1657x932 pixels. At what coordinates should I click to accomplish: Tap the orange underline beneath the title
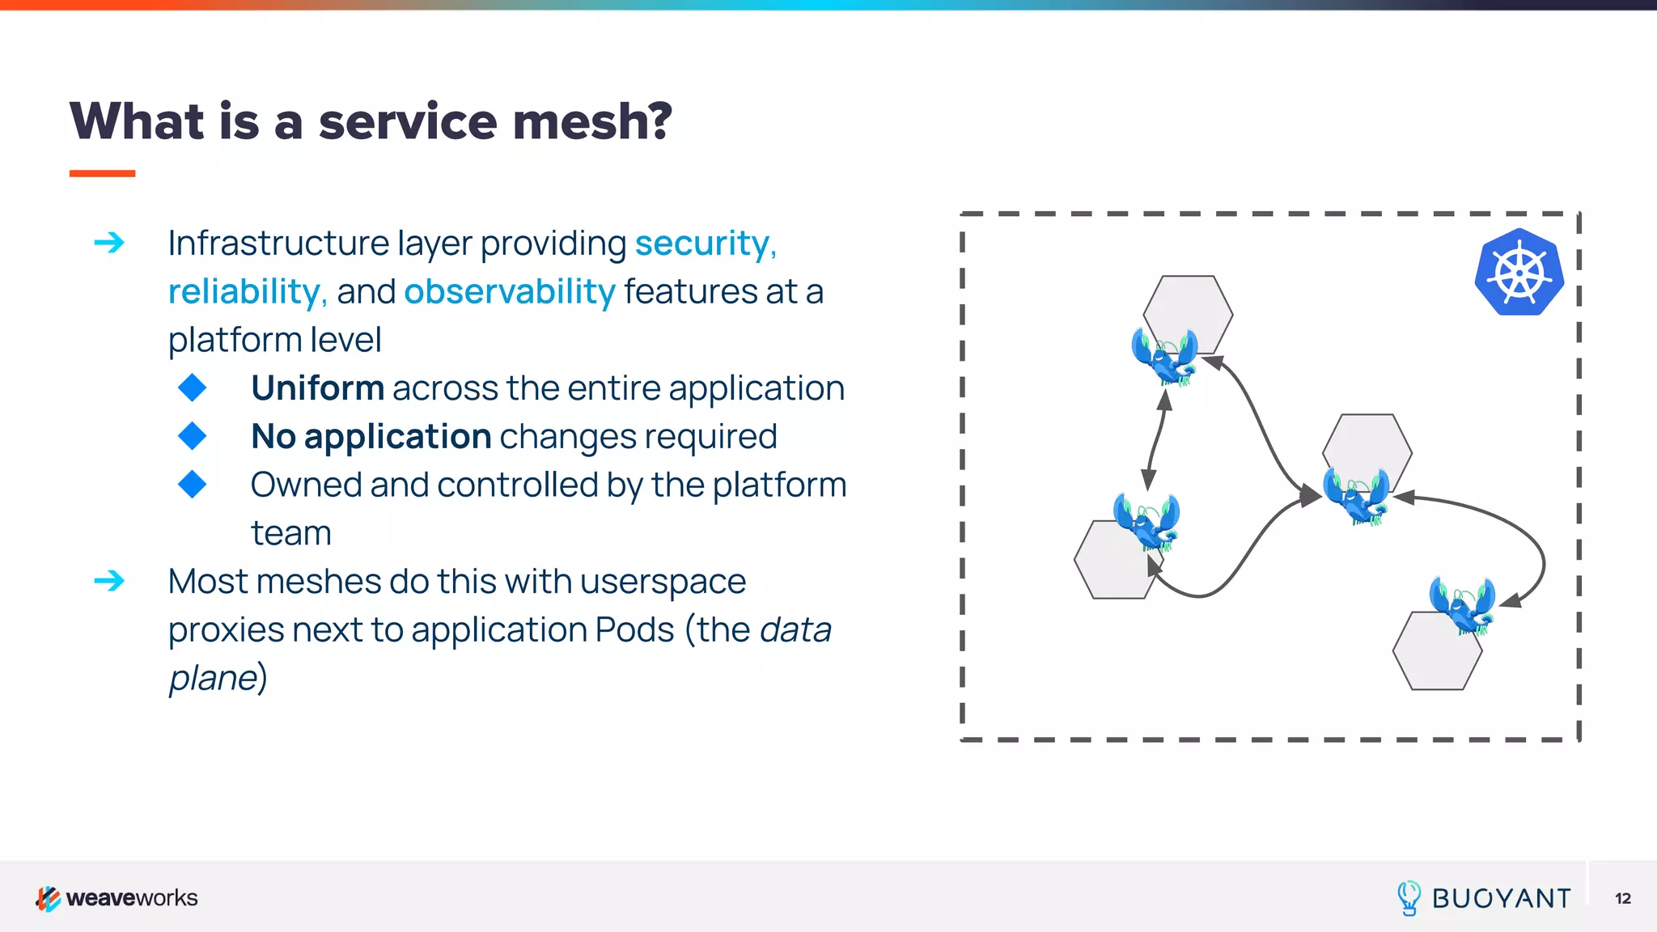click(x=102, y=173)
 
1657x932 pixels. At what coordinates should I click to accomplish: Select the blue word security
click(x=702, y=244)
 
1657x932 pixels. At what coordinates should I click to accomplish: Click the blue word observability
click(x=510, y=291)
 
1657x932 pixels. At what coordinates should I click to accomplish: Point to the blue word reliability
click(x=244, y=291)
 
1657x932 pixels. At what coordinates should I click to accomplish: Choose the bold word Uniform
click(x=317, y=388)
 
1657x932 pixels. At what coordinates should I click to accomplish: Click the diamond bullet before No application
click(x=193, y=436)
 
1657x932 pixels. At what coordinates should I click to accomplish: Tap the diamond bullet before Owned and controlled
click(x=193, y=485)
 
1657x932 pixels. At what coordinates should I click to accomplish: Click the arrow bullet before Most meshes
click(x=109, y=581)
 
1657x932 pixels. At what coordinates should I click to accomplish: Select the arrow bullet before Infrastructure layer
click(x=109, y=243)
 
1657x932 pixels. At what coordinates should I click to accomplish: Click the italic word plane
click(x=213, y=678)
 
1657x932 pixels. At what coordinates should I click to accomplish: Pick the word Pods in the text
click(x=634, y=629)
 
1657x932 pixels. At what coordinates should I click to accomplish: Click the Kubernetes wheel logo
click(x=1519, y=273)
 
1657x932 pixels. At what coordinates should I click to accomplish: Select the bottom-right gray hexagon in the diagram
click(x=1436, y=654)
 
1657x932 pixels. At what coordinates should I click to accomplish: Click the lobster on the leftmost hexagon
click(x=1146, y=521)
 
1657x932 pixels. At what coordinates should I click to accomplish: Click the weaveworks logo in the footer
click(x=117, y=898)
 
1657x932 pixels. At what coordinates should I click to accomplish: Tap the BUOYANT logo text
click(x=1501, y=899)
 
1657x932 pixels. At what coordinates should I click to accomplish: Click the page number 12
click(x=1622, y=899)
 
